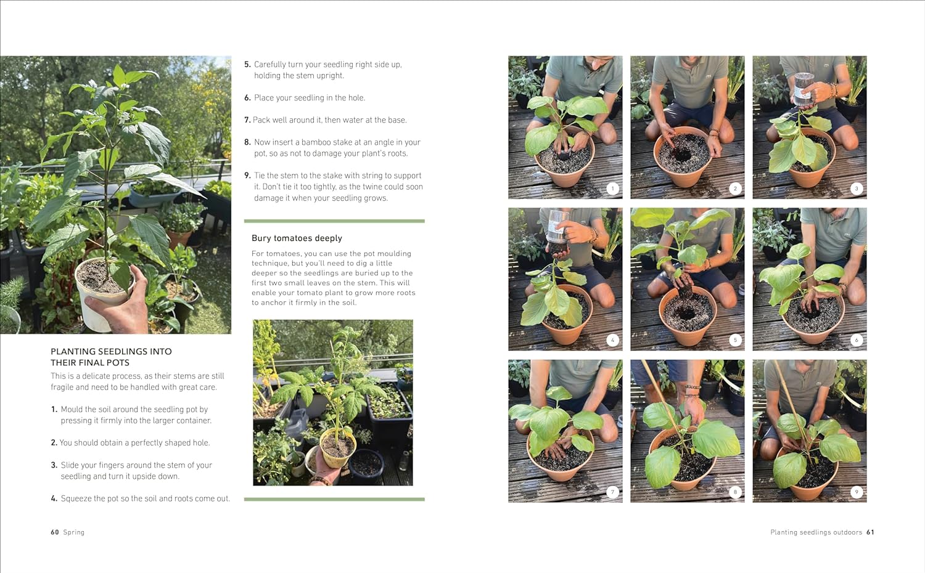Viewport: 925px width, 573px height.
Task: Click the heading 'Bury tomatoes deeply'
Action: click(x=297, y=238)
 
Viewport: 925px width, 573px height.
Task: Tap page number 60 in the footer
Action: click(x=55, y=532)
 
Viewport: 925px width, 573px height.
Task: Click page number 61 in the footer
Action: click(x=870, y=532)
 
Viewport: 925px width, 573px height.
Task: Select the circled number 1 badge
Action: click(x=612, y=189)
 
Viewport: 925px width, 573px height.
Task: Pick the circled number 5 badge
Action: click(x=735, y=340)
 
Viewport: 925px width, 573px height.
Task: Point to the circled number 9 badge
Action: click(x=857, y=492)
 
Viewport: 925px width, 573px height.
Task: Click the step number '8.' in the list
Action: click(x=247, y=142)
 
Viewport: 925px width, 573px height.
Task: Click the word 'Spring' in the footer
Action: click(x=74, y=532)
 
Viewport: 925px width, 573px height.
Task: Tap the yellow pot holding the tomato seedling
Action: click(x=338, y=447)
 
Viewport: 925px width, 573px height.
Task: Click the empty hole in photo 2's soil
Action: click(x=681, y=155)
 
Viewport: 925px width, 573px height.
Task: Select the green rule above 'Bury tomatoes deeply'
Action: click(x=334, y=221)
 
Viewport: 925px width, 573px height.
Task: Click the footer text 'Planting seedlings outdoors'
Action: click(x=816, y=532)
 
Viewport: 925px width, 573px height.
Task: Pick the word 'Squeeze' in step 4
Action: click(x=75, y=498)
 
